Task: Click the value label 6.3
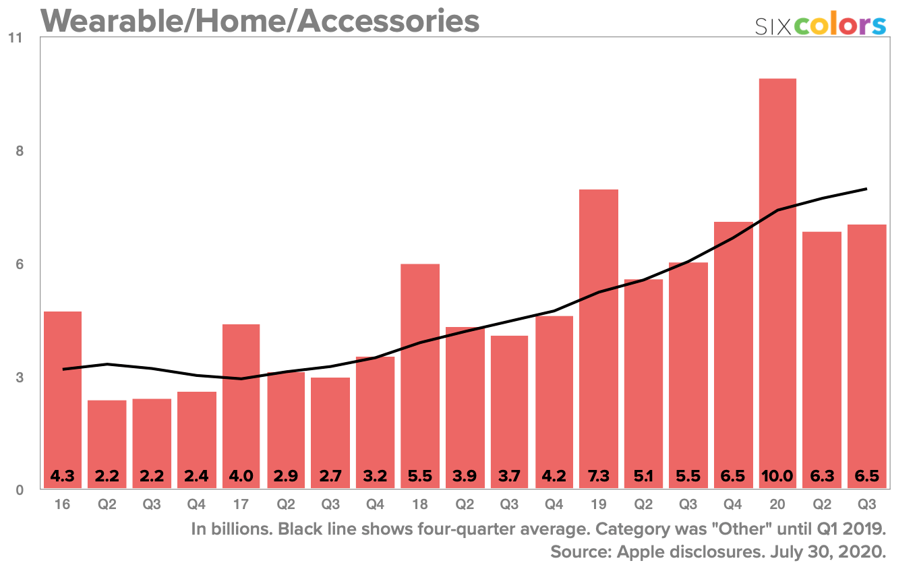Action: coord(821,476)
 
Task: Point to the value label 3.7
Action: coord(509,476)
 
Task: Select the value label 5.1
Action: coord(643,476)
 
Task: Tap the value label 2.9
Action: coord(286,476)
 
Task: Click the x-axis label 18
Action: coord(419,503)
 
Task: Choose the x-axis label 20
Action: coord(777,503)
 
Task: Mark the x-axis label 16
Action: coord(62,503)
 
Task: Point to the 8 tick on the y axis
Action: coord(20,151)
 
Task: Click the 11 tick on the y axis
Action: coord(16,38)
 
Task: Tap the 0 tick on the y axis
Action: coord(20,490)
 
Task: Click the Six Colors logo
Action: coord(820,25)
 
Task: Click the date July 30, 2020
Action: coord(829,551)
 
